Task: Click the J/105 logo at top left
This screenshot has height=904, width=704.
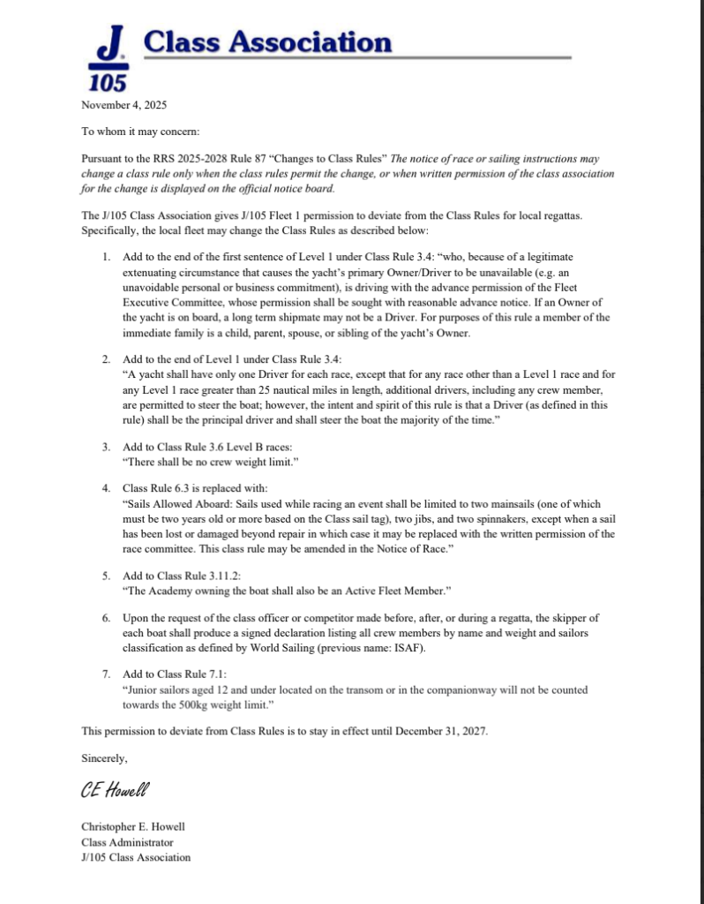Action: (x=108, y=58)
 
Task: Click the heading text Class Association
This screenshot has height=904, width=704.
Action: (x=266, y=41)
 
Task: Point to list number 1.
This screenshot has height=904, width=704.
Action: (x=105, y=256)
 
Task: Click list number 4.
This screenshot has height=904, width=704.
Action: (x=105, y=487)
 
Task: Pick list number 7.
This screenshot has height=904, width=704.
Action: (x=105, y=674)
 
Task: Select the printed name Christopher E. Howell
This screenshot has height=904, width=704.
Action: (x=133, y=827)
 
